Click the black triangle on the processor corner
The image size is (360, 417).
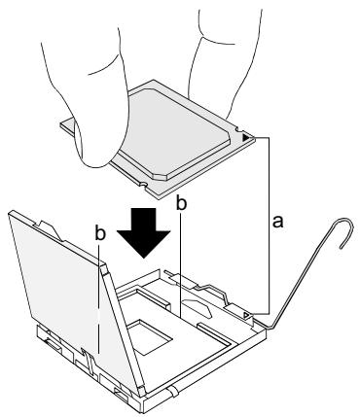pyautogui.click(x=246, y=137)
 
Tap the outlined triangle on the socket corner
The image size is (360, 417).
pyautogui.click(x=247, y=315)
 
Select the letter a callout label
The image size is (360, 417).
pyautogui.click(x=277, y=222)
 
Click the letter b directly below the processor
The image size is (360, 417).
pyautogui.click(x=181, y=203)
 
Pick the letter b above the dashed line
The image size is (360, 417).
pyautogui.click(x=100, y=233)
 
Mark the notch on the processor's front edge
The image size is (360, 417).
pyautogui.click(x=143, y=185)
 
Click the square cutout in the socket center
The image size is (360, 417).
pyautogui.click(x=149, y=337)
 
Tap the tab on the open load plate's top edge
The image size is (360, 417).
pyautogui.click(x=49, y=229)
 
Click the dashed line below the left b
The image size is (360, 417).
pyautogui.click(x=98, y=298)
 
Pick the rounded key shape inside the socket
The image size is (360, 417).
pyautogui.click(x=197, y=307)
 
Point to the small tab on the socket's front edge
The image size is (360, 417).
pyautogui.click(x=173, y=391)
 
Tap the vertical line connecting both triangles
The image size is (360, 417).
pyautogui.click(x=270, y=226)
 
